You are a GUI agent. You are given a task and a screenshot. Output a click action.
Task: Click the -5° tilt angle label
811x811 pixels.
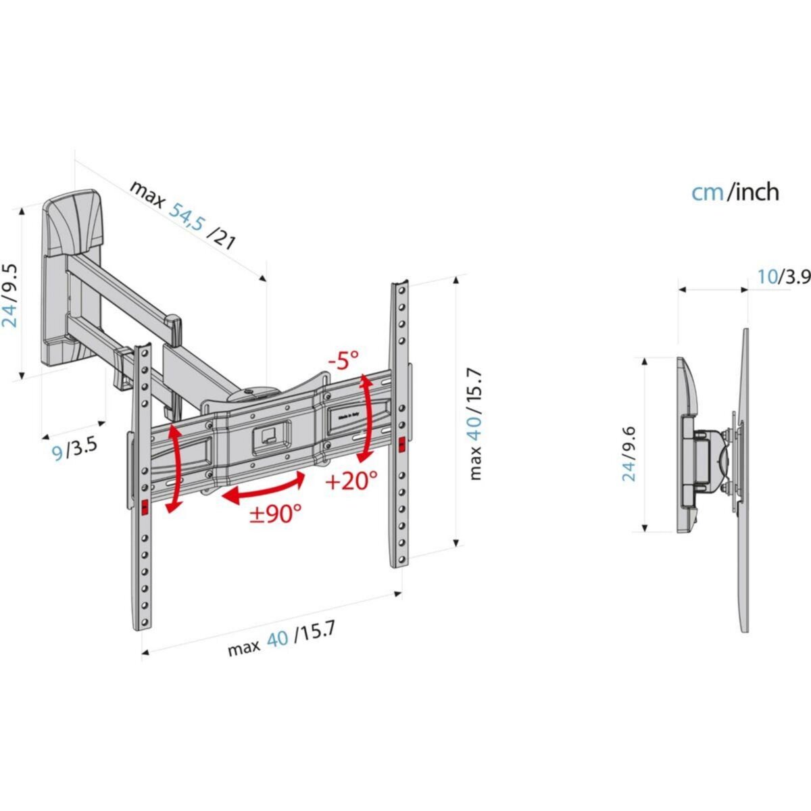coord(345,360)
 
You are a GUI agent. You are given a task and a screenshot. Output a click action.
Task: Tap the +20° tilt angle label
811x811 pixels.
coord(351,481)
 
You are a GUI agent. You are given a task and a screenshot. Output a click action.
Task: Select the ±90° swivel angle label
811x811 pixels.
coord(276,514)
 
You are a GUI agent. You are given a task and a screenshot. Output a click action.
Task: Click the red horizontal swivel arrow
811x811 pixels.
coord(264,488)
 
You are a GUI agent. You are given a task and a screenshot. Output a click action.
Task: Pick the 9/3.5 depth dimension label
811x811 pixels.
coord(75,449)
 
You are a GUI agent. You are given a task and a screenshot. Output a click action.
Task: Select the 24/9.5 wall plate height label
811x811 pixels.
coord(9,295)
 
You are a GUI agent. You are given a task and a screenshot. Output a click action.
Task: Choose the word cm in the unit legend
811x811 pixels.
coord(707,192)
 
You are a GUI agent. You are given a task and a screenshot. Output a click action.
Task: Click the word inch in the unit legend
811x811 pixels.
coord(756,192)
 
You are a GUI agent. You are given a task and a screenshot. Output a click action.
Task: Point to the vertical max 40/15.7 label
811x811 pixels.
coord(476,424)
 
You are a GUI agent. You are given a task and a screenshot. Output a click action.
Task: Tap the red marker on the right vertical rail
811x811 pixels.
coord(402,445)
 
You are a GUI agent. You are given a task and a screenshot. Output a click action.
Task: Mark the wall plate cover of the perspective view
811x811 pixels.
coord(72,223)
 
